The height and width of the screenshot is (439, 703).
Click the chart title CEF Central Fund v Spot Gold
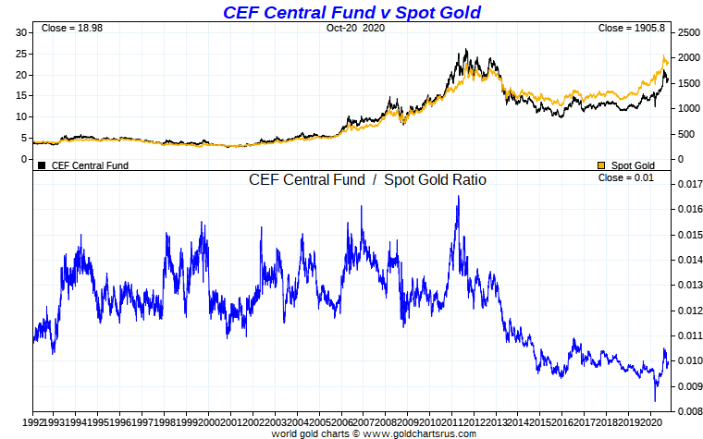click(351, 11)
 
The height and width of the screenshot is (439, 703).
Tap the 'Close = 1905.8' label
click(631, 29)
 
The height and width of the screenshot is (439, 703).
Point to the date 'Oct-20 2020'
click(354, 29)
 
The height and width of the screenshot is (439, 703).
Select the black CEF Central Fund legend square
click(42, 165)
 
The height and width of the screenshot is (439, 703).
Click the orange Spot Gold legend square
click(601, 165)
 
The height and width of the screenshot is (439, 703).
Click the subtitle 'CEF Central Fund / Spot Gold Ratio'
click(367, 180)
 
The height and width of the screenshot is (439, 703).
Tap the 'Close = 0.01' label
click(625, 177)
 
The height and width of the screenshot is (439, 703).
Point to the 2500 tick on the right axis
click(687, 32)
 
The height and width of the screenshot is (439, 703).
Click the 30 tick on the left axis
click(22, 32)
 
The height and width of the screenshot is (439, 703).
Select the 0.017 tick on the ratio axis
click(687, 184)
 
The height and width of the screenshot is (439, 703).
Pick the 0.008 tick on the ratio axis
click(687, 410)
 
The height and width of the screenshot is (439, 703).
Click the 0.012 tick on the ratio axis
click(687, 310)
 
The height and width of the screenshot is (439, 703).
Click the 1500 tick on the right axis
click(687, 83)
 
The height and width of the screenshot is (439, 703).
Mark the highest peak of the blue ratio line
click(458, 197)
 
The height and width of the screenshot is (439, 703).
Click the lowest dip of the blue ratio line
click(655, 400)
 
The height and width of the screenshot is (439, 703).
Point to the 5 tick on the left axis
click(25, 138)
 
